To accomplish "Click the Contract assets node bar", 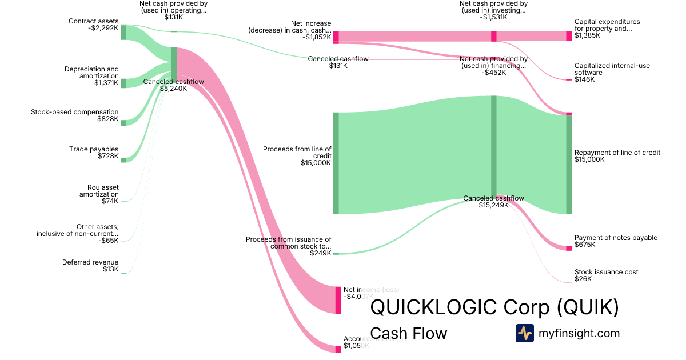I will (123, 32).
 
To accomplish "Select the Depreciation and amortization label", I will (91, 73).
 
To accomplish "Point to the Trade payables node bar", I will (123, 160).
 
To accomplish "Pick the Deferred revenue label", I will (90, 262).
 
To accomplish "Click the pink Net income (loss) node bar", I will (338, 299).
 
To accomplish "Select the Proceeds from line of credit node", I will (336, 163).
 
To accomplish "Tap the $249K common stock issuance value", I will (320, 253).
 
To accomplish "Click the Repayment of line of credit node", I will (569, 165).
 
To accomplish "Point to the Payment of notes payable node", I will (569, 248).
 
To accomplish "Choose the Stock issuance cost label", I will (606, 272).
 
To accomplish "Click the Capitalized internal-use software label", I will (612, 69).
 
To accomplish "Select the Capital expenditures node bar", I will (569, 36).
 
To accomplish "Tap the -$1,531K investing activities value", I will (493, 17).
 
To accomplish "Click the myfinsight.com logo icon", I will (524, 333).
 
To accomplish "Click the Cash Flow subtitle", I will (409, 333).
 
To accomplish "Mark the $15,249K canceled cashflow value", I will (493, 205).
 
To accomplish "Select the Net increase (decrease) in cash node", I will (336, 37).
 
